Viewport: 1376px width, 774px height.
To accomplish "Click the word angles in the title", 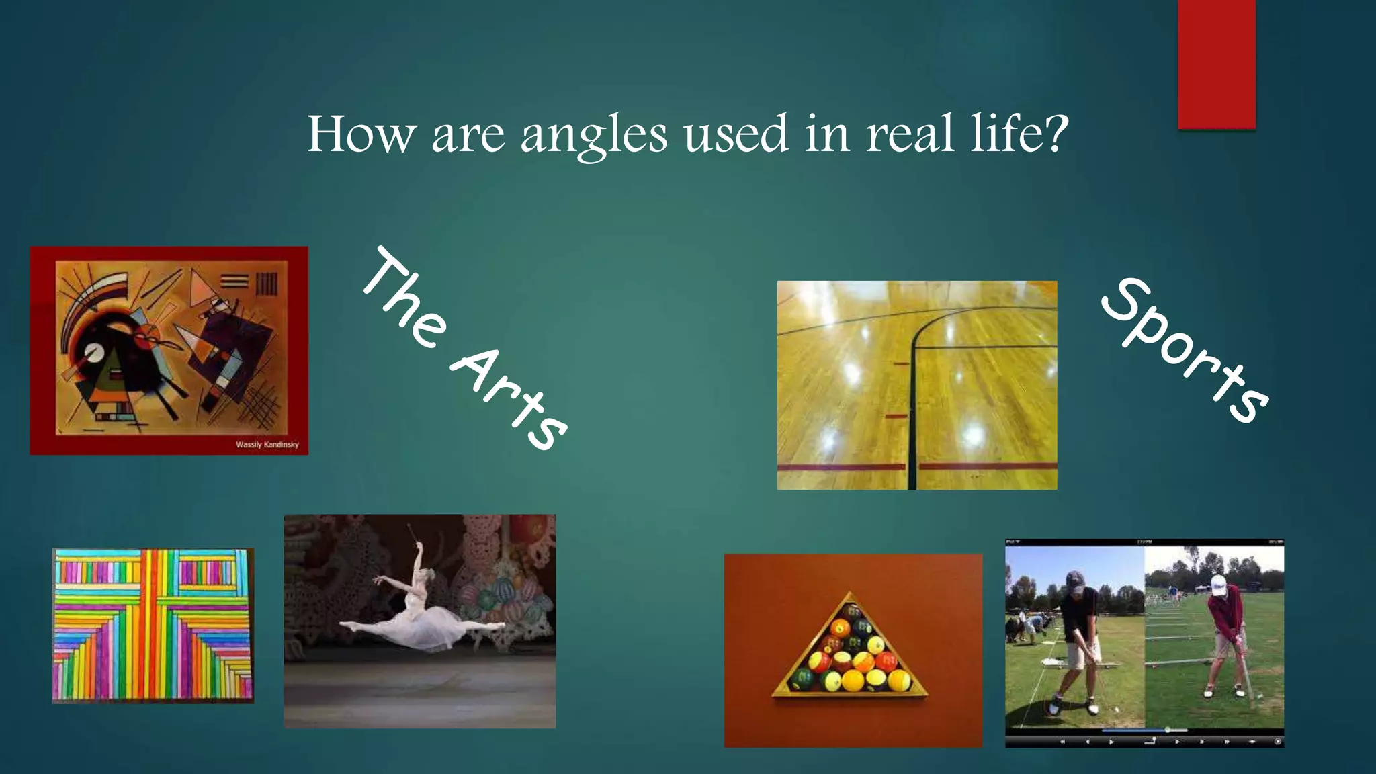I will tap(594, 134).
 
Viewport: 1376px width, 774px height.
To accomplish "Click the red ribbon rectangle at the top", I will tap(1216, 64).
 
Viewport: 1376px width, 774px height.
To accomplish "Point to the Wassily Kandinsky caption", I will tap(267, 445).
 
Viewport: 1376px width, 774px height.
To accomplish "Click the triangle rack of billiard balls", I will tap(850, 648).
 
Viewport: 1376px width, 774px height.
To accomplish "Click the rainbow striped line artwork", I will tap(153, 626).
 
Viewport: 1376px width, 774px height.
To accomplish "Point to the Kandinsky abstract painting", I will tap(169, 349).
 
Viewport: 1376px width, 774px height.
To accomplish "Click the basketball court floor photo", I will tap(917, 385).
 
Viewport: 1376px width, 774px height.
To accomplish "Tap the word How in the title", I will tap(361, 134).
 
